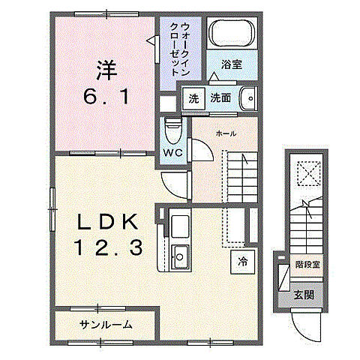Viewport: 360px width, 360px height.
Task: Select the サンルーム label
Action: (x=106, y=325)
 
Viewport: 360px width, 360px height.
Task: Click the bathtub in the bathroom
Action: (x=232, y=34)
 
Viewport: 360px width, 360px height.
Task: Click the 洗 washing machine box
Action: (x=194, y=98)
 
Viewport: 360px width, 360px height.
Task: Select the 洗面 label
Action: (x=220, y=98)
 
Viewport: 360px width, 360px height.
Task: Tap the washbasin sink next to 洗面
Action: (x=247, y=99)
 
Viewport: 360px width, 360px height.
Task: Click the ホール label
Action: (x=226, y=133)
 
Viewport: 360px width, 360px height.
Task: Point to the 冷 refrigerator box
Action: (x=243, y=262)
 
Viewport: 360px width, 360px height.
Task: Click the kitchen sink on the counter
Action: (x=180, y=255)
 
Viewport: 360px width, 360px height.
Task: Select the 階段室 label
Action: (x=307, y=264)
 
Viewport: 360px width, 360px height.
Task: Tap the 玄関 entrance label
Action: (x=303, y=295)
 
